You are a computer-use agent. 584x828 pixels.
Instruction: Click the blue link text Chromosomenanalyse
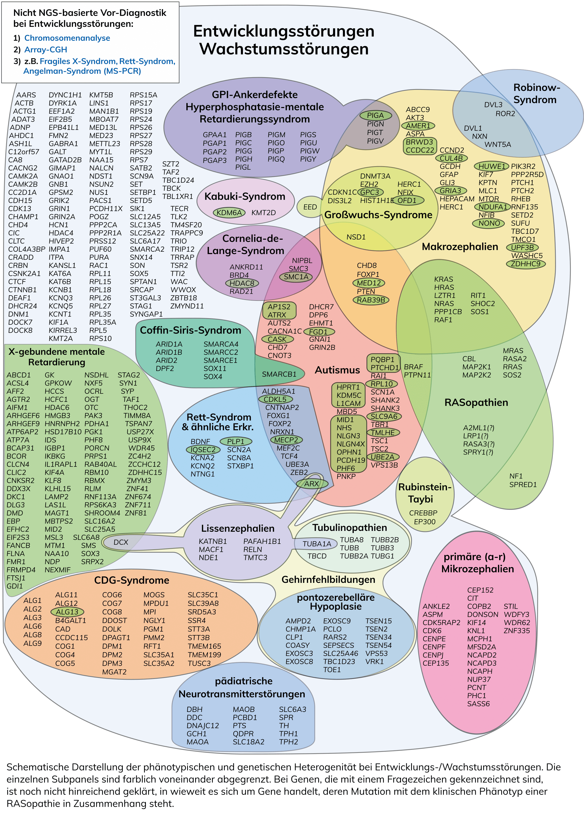(67, 38)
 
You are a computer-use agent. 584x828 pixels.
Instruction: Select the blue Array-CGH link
(45, 49)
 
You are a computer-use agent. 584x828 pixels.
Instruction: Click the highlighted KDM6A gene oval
(229, 212)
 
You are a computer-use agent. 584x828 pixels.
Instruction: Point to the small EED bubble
(310, 207)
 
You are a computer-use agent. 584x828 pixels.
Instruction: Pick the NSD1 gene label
(356, 237)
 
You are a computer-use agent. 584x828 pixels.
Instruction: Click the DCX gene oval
(121, 542)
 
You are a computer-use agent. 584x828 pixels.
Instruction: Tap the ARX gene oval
(311, 484)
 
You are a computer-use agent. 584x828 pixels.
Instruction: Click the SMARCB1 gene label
(279, 374)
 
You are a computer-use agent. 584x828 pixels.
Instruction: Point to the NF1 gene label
(516, 476)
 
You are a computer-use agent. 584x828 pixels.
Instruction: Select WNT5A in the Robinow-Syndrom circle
(498, 144)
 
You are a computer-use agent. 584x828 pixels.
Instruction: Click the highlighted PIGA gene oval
(375, 115)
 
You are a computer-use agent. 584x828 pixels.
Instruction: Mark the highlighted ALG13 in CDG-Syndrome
(67, 612)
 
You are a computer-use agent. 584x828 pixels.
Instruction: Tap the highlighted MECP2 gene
(286, 440)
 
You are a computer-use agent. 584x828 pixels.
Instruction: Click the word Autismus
(337, 370)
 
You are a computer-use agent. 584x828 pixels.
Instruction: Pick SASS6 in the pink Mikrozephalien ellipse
(478, 704)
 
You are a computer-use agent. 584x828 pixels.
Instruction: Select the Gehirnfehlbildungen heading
(328, 579)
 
